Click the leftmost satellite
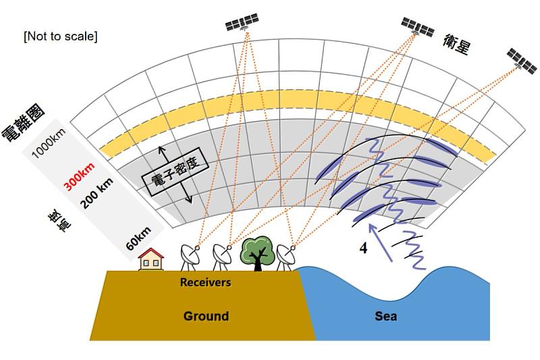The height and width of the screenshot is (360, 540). click(x=242, y=24)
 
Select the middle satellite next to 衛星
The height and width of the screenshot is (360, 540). click(x=418, y=27)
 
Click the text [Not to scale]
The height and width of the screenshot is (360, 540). click(x=60, y=36)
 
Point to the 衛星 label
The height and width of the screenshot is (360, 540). click(x=457, y=43)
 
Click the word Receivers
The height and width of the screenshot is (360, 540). click(x=205, y=282)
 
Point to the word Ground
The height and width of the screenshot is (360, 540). click(x=206, y=316)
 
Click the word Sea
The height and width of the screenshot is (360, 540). click(x=386, y=316)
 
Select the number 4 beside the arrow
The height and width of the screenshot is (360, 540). click(x=363, y=249)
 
